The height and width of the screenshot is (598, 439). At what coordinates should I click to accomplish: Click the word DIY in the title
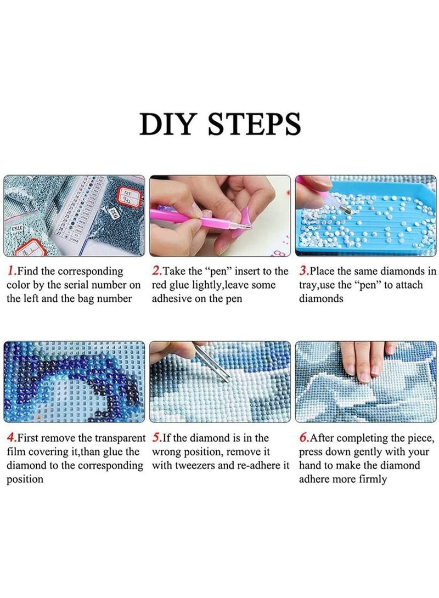167,123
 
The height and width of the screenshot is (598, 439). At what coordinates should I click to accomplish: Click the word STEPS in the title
255,123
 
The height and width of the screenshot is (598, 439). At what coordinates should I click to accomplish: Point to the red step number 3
303,271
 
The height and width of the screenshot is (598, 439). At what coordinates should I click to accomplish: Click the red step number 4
11,438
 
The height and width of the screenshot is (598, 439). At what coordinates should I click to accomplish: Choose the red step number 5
156,438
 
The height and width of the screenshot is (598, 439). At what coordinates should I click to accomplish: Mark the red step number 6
303,438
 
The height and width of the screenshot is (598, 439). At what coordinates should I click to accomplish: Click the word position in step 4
25,479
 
